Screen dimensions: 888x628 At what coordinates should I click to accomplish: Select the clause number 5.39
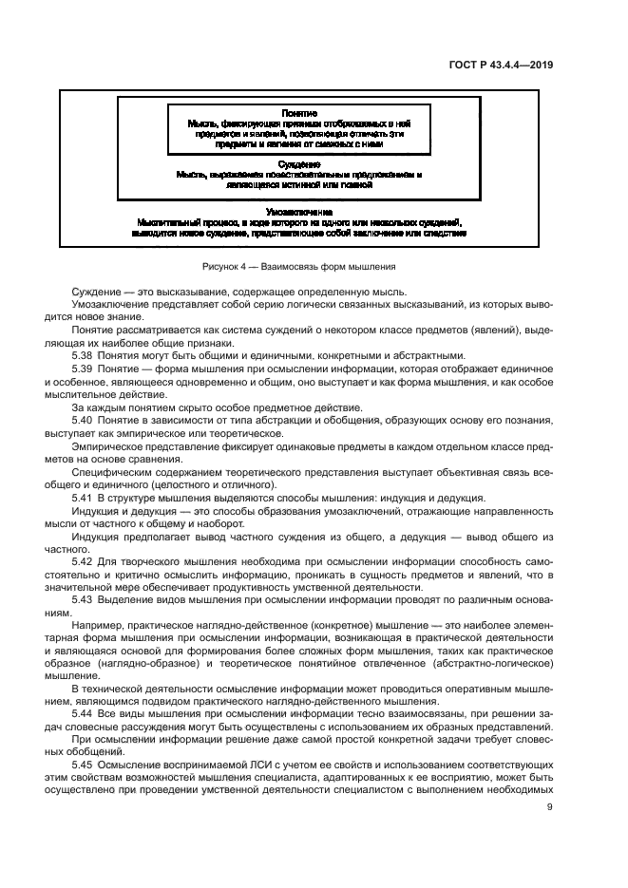85,367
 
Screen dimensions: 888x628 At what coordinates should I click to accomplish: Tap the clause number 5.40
85,418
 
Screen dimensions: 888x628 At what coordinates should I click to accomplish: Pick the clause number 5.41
85,497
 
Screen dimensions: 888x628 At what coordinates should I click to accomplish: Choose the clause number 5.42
85,560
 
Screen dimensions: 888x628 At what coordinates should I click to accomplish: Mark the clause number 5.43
85,600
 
